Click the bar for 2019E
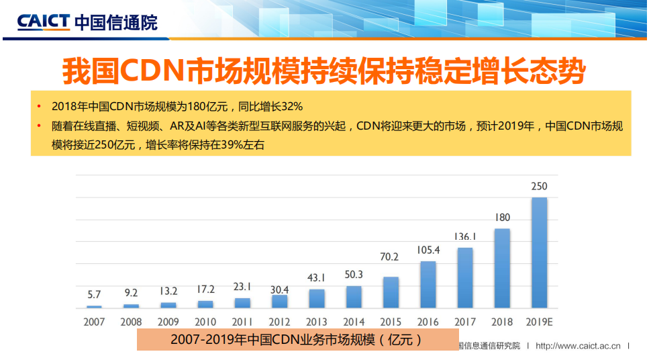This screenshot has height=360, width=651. click(539, 253)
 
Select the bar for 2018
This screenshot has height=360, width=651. click(502, 268)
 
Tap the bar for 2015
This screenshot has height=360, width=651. click(391, 292)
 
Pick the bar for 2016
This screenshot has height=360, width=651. click(428, 284)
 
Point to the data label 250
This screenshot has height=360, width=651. click(539, 186)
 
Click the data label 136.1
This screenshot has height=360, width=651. click(465, 236)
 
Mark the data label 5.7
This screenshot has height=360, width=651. click(94, 294)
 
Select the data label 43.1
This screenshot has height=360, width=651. click(316, 277)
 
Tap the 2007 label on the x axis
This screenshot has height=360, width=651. click(94, 322)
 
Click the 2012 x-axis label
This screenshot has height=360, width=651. click(279, 322)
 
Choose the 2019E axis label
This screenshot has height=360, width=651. click(540, 322)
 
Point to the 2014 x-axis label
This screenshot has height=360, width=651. click(353, 322)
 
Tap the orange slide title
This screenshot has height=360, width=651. click(324, 72)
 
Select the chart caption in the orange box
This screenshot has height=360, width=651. click(296, 340)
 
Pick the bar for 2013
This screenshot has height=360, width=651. click(316, 298)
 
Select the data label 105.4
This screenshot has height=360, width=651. click(428, 250)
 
